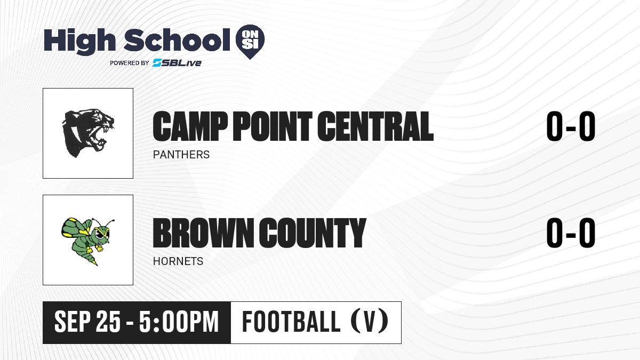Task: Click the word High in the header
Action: [x=79, y=41]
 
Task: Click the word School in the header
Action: [x=177, y=39]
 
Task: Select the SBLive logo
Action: [x=177, y=63]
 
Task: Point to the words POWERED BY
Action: [x=130, y=63]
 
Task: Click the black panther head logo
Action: [x=88, y=133]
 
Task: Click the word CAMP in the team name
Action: [x=190, y=126]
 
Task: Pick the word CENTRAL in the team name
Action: [x=375, y=126]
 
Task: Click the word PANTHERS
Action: [x=181, y=155]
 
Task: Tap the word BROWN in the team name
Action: [x=203, y=233]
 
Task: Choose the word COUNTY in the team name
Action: [x=313, y=233]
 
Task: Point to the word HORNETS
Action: [x=178, y=261]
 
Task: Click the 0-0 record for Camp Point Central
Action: [x=571, y=126]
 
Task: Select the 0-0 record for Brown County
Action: [x=571, y=233]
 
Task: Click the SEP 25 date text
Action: [x=87, y=322]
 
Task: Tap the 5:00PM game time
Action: [x=179, y=322]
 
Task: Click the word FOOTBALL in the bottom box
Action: [x=291, y=322]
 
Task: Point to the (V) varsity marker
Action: [x=370, y=322]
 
